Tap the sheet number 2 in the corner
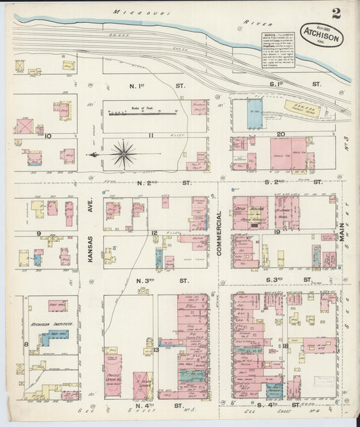pyautogui.click(x=336, y=13)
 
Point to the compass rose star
pyautogui.click(x=124, y=154)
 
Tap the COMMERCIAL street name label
pyautogui.click(x=220, y=233)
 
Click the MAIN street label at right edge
pyautogui.click(x=342, y=234)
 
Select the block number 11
pyautogui.click(x=152, y=135)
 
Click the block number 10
pyautogui.click(x=48, y=135)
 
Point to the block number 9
pyautogui.click(x=41, y=233)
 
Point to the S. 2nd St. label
pyautogui.click(x=294, y=182)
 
